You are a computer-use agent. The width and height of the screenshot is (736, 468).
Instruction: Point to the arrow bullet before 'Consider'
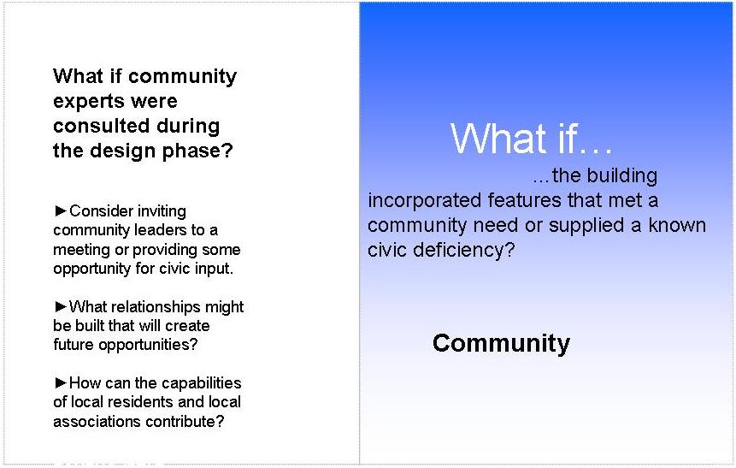pyautogui.click(x=61, y=210)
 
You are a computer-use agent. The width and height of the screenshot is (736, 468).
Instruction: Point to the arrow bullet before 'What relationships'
pyautogui.click(x=61, y=307)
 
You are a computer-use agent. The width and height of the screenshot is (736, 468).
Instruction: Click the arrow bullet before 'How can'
pyautogui.click(x=61, y=382)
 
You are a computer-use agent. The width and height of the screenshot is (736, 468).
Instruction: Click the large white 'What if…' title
pyautogui.click(x=532, y=139)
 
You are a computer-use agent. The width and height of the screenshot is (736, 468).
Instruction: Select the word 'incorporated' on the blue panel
pyautogui.click(x=425, y=201)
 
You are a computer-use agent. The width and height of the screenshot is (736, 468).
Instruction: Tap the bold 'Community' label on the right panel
pyautogui.click(x=501, y=344)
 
